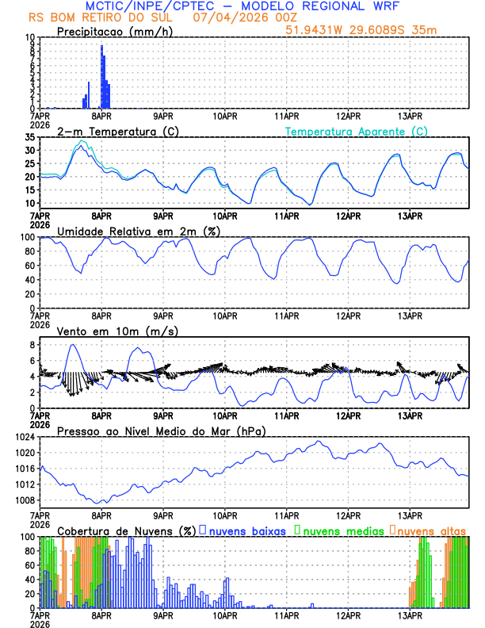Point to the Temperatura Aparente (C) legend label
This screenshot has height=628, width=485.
(x=357, y=131)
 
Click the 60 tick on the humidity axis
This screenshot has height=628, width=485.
(x=29, y=266)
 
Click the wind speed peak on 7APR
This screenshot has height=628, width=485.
(x=74, y=345)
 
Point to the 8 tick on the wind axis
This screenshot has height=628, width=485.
(x=32, y=345)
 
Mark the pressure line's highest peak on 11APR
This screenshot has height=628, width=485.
(x=319, y=442)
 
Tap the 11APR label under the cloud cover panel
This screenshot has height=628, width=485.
(x=286, y=615)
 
